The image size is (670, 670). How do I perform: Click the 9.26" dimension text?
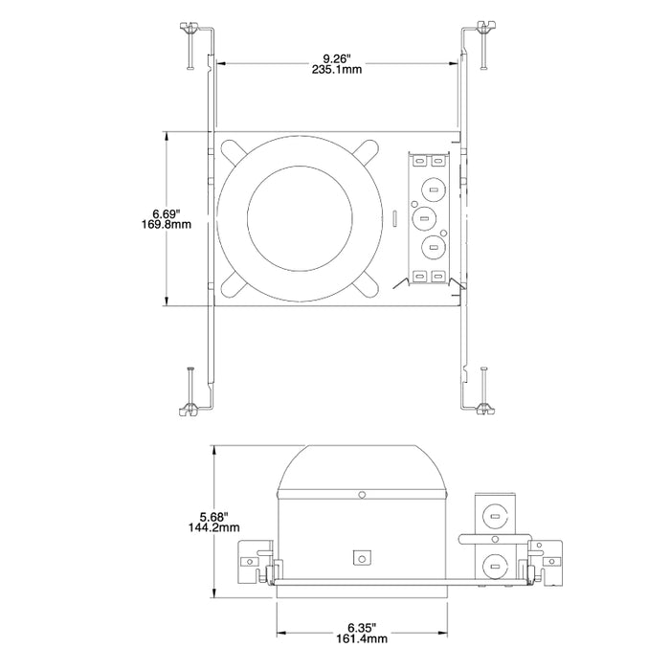[334, 56]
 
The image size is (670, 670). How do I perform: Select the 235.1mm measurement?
[334, 69]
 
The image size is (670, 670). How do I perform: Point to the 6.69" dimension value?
[166, 212]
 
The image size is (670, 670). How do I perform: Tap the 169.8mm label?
[166, 225]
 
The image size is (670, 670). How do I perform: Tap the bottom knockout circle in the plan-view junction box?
[433, 248]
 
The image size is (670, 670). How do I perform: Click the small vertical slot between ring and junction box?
[395, 219]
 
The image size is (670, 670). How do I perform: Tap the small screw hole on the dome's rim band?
[362, 495]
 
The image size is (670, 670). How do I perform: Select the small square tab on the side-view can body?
[362, 556]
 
